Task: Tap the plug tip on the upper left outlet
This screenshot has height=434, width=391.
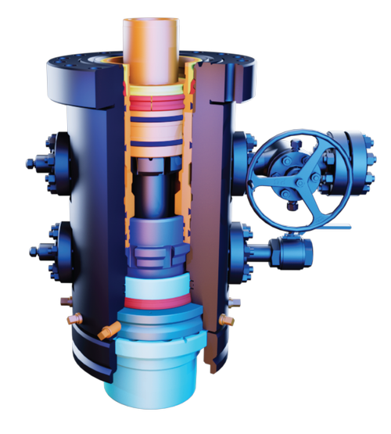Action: pyautogui.click(x=29, y=163)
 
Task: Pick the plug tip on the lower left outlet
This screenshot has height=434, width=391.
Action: pyautogui.click(x=33, y=251)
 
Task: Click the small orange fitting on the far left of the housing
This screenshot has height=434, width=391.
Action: pyautogui.click(x=74, y=319)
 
